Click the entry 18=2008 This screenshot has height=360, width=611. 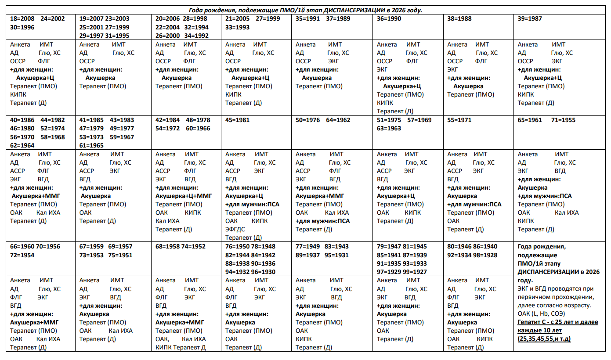(x=22, y=19)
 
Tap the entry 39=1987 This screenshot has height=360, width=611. (x=530, y=19)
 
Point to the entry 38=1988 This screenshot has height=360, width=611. (x=459, y=19)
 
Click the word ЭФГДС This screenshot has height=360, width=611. (x=235, y=229)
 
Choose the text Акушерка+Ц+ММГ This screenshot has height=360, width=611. (x=184, y=196)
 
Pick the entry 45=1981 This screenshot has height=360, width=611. (x=237, y=120)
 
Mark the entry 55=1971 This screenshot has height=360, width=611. (x=459, y=120)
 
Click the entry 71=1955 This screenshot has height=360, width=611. (x=563, y=120)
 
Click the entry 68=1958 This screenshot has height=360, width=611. (x=167, y=247)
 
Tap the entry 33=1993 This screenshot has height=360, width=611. (x=237, y=27)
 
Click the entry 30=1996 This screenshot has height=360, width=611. (x=22, y=27)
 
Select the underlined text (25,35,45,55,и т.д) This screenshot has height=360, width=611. (x=544, y=339)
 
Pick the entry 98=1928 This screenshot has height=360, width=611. (x=485, y=255)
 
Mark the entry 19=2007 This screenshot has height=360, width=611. (x=91, y=19)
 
